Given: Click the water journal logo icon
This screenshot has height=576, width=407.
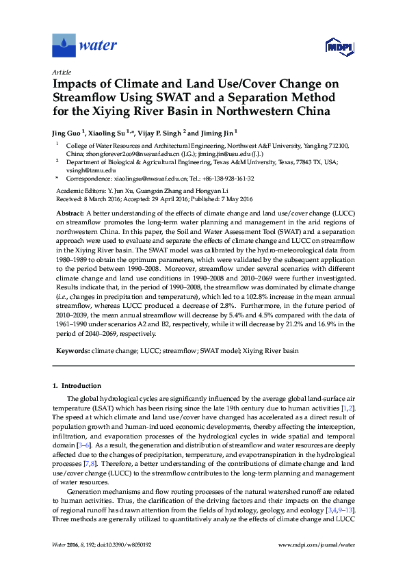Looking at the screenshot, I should coord(64,45).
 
